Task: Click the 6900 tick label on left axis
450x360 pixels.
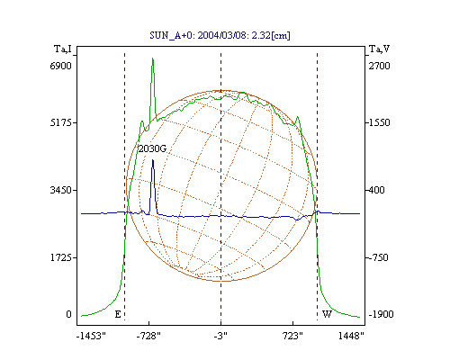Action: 60,66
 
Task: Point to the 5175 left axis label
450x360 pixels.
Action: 60,122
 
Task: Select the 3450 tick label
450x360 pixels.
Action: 60,190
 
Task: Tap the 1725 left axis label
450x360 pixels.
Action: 60,257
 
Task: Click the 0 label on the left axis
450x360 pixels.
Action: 68,314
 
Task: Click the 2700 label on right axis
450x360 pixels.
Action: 380,66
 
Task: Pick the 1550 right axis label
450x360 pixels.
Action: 380,122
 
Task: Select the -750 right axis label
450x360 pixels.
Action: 378,257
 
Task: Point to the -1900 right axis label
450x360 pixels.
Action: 381,314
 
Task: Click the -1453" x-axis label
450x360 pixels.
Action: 91,336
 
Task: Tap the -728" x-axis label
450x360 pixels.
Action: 148,336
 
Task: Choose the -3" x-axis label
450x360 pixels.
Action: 220,336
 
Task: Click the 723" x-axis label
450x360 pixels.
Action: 292,336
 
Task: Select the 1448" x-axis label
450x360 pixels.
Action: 351,336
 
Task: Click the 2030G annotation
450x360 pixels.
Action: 152,148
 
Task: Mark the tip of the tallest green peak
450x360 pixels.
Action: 152,58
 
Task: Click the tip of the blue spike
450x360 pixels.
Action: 153,160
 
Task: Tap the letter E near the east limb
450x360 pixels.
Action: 118,314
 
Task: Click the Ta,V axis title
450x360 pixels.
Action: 379,49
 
